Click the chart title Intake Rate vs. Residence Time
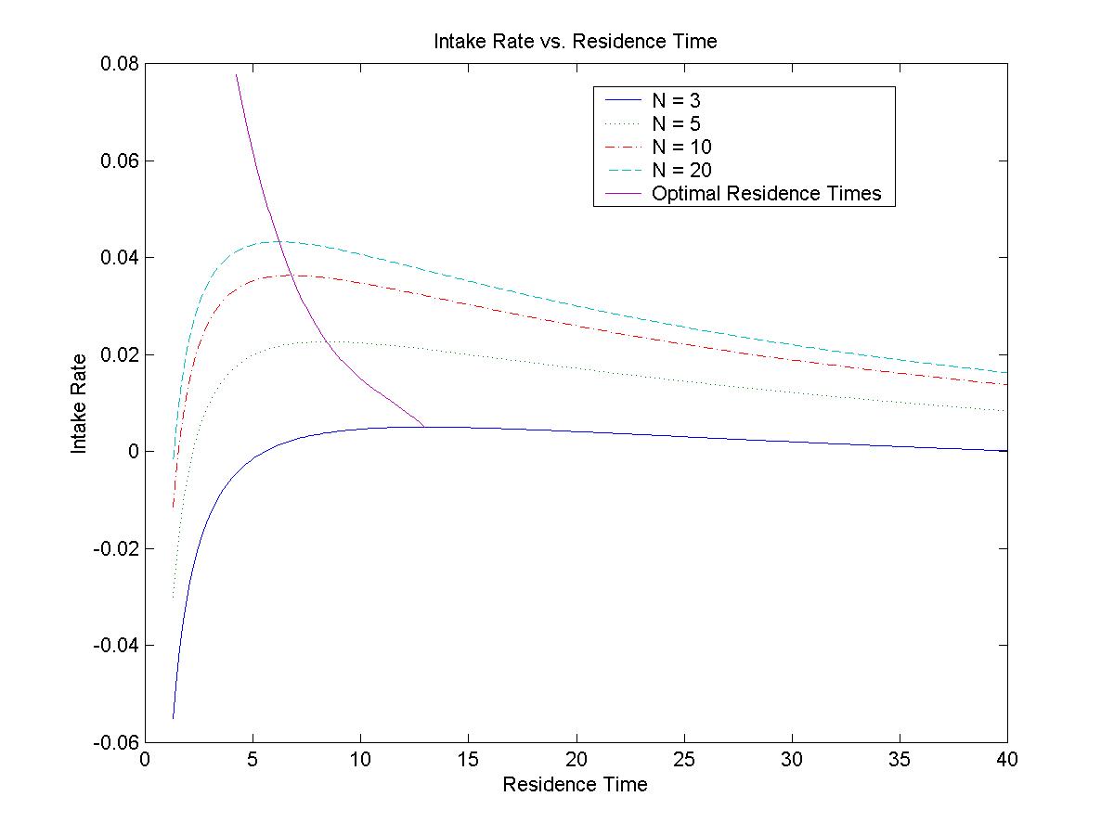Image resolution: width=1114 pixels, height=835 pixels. pyautogui.click(x=575, y=42)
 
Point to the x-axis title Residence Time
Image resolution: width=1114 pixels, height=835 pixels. pyautogui.click(x=575, y=785)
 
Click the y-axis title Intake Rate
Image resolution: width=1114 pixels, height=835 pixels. pyautogui.click(x=80, y=403)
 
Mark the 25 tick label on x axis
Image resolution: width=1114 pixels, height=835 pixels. pyautogui.click(x=683, y=760)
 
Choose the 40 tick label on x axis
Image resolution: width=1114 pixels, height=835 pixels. pyautogui.click(x=1007, y=760)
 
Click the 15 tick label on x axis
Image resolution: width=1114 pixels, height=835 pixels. pyautogui.click(x=468, y=760)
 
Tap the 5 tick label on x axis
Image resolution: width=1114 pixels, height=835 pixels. pyautogui.click(x=253, y=760)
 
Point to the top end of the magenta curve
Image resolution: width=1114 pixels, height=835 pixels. pyautogui.click(x=237, y=75)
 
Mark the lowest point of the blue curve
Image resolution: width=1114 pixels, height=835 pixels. pyautogui.click(x=173, y=718)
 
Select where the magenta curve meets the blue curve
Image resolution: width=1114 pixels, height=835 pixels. pyautogui.click(x=424, y=427)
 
